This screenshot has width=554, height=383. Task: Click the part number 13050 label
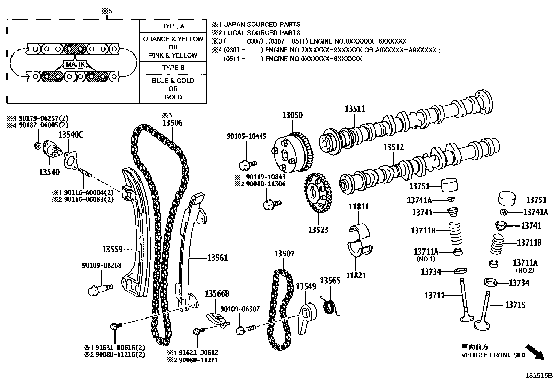coord(292,115)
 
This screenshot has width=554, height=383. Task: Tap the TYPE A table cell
coord(173,26)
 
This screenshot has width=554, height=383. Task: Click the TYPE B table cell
coord(173,68)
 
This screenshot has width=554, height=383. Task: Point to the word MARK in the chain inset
coord(75,64)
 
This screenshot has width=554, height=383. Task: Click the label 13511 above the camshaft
coord(355,108)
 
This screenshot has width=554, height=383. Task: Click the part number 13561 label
coord(217,258)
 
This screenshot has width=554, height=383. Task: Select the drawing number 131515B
coord(539,376)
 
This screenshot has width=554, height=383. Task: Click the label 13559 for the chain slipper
coord(112,250)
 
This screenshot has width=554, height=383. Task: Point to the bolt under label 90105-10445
coord(247,163)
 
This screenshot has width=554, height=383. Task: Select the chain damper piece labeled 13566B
coord(216,319)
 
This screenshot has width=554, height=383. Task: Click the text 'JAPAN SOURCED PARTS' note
coord(262,24)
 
